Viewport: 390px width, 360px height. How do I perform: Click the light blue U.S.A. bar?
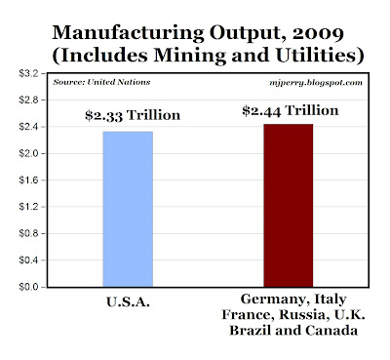click(128, 209)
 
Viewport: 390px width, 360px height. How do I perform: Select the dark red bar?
click(289, 206)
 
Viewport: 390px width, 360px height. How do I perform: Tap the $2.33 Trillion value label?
click(133, 116)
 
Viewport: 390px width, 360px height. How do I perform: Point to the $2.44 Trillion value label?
click(291, 111)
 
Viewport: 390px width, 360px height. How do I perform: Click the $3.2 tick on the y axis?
click(28, 73)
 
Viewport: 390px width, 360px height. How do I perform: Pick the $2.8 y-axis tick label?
click(28, 100)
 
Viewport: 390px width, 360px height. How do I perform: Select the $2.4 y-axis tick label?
click(28, 127)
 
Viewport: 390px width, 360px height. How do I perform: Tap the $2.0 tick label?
click(28, 153)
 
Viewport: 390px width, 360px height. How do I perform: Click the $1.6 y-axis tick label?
click(28, 180)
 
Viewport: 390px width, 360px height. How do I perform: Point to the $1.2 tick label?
click(28, 207)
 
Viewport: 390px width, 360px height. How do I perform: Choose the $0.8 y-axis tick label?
click(28, 233)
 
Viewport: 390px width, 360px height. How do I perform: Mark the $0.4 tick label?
click(28, 260)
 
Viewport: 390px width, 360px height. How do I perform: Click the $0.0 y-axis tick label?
click(28, 287)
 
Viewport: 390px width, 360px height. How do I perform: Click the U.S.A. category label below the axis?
click(128, 302)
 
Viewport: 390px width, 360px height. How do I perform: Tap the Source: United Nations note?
click(101, 82)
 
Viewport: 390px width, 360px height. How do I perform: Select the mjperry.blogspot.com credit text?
click(316, 83)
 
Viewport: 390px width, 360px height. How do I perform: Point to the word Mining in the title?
click(190, 56)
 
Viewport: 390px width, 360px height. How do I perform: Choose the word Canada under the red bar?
click(331, 331)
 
